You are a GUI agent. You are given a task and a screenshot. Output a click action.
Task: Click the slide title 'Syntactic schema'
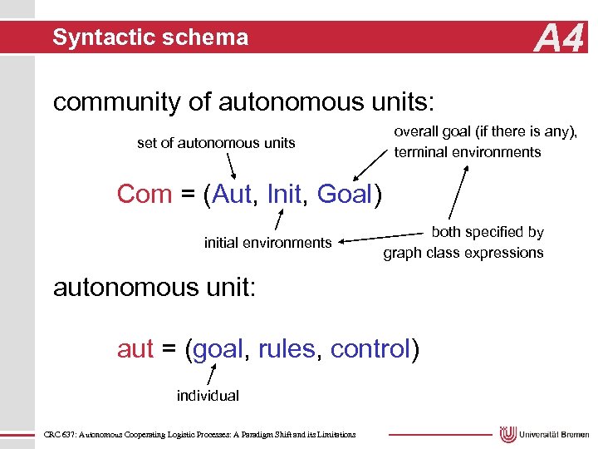[150, 37]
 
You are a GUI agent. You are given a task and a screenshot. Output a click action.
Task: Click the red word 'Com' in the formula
[145, 194]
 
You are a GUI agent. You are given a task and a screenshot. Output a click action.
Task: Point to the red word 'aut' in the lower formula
[135, 349]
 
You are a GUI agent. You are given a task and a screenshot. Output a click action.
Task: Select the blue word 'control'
[370, 349]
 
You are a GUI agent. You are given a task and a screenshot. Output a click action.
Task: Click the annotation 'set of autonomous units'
[216, 143]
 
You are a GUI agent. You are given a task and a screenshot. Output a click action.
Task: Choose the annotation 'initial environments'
[267, 243]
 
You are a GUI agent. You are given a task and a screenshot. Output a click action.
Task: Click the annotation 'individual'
[208, 396]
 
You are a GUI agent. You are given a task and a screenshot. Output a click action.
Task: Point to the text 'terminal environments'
[468, 152]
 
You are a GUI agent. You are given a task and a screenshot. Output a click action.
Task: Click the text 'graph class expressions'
[463, 253]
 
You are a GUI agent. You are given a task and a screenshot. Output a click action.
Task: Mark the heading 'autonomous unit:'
[156, 288]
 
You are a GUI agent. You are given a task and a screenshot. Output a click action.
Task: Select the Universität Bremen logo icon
[508, 434]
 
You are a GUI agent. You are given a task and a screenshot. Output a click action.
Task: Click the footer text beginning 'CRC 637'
[199, 434]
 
